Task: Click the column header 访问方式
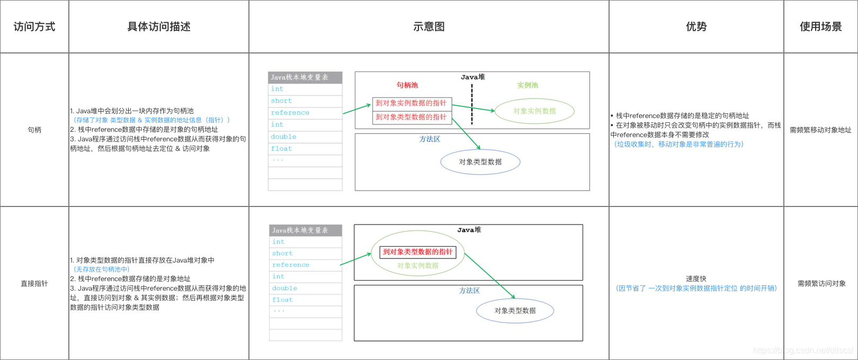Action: (34, 26)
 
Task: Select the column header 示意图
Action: (429, 26)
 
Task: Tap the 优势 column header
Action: (696, 26)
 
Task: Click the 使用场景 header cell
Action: (820, 26)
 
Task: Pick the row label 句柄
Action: (34, 130)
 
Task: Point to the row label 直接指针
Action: (34, 283)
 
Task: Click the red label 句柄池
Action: (407, 85)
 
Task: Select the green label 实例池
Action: (528, 85)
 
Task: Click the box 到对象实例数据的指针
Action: (412, 103)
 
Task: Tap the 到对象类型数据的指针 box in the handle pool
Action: (412, 117)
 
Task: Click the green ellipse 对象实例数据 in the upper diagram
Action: (534, 111)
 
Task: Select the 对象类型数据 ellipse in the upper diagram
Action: (480, 162)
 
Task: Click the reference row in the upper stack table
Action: (290, 113)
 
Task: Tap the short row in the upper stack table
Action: (282, 101)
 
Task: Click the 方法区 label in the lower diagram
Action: (469, 291)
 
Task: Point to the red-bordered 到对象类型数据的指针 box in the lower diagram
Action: (418, 252)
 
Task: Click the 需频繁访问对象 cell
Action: (821, 283)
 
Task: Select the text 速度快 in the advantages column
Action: (696, 278)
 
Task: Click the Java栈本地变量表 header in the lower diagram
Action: (300, 230)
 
